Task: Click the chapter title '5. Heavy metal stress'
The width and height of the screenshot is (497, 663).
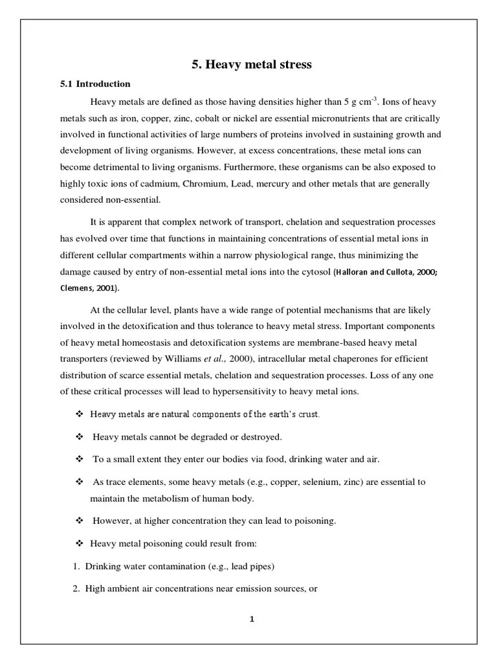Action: click(251, 64)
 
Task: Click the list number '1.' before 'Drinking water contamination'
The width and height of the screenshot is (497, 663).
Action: click(76, 567)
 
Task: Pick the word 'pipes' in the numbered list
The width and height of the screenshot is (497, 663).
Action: click(263, 567)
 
